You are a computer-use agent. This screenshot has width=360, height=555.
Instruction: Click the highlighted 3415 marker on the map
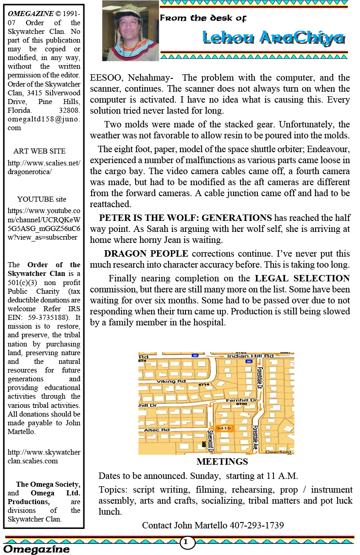pos(224,428)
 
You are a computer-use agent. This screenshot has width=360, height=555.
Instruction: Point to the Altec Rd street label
pos(157,430)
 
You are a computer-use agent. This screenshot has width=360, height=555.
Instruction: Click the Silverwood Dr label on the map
pos(211,439)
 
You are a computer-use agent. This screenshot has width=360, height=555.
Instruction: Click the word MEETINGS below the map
pos(222,462)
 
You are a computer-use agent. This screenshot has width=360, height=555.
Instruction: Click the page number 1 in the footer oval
pos(185,542)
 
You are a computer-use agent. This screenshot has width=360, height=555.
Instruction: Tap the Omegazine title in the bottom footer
pos(37,549)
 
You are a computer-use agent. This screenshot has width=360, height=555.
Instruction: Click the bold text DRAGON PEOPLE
pos(146,253)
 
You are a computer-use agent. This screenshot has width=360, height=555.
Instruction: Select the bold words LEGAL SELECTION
pos(302,278)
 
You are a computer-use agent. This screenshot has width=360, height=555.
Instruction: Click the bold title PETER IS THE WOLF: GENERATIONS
pos(185,217)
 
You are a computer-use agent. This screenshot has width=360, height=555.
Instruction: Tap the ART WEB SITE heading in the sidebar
pos(39,151)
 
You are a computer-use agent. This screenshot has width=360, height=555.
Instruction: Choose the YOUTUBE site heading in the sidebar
pos(42,199)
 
